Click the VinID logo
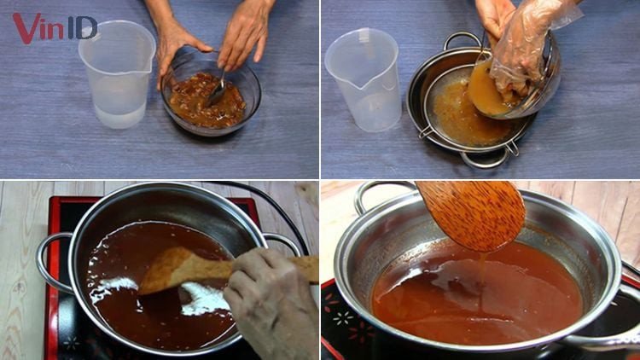tap(54, 27)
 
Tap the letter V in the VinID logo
tap(24, 27)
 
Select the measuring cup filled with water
tap(118, 75)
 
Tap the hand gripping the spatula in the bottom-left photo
tap(265, 303)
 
